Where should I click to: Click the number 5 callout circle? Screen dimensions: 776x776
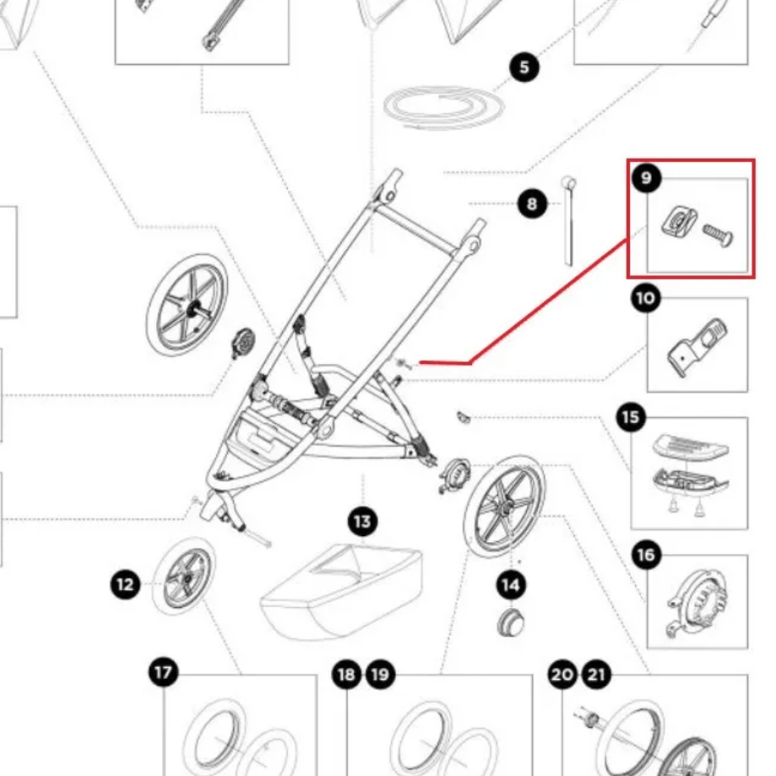click(524, 67)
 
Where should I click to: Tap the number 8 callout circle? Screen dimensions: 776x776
click(532, 203)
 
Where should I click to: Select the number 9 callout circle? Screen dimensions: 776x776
click(646, 178)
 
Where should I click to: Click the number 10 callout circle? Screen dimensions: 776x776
click(646, 297)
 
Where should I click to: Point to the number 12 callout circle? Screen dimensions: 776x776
click(126, 584)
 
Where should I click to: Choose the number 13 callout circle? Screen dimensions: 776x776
click(363, 521)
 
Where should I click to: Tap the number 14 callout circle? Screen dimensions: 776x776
click(511, 583)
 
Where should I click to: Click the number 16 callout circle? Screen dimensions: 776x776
click(646, 555)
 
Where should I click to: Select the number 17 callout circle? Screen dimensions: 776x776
click(164, 673)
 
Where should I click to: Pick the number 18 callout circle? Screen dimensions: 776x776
click(346, 675)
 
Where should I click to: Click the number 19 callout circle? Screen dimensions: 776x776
click(380, 675)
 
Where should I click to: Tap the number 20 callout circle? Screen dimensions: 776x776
click(562, 675)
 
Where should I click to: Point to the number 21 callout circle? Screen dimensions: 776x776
click(596, 675)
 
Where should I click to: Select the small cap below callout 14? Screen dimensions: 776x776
click(511, 623)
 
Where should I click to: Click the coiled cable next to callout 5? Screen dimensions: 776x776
click(443, 108)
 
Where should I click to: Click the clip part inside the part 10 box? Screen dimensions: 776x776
click(697, 345)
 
